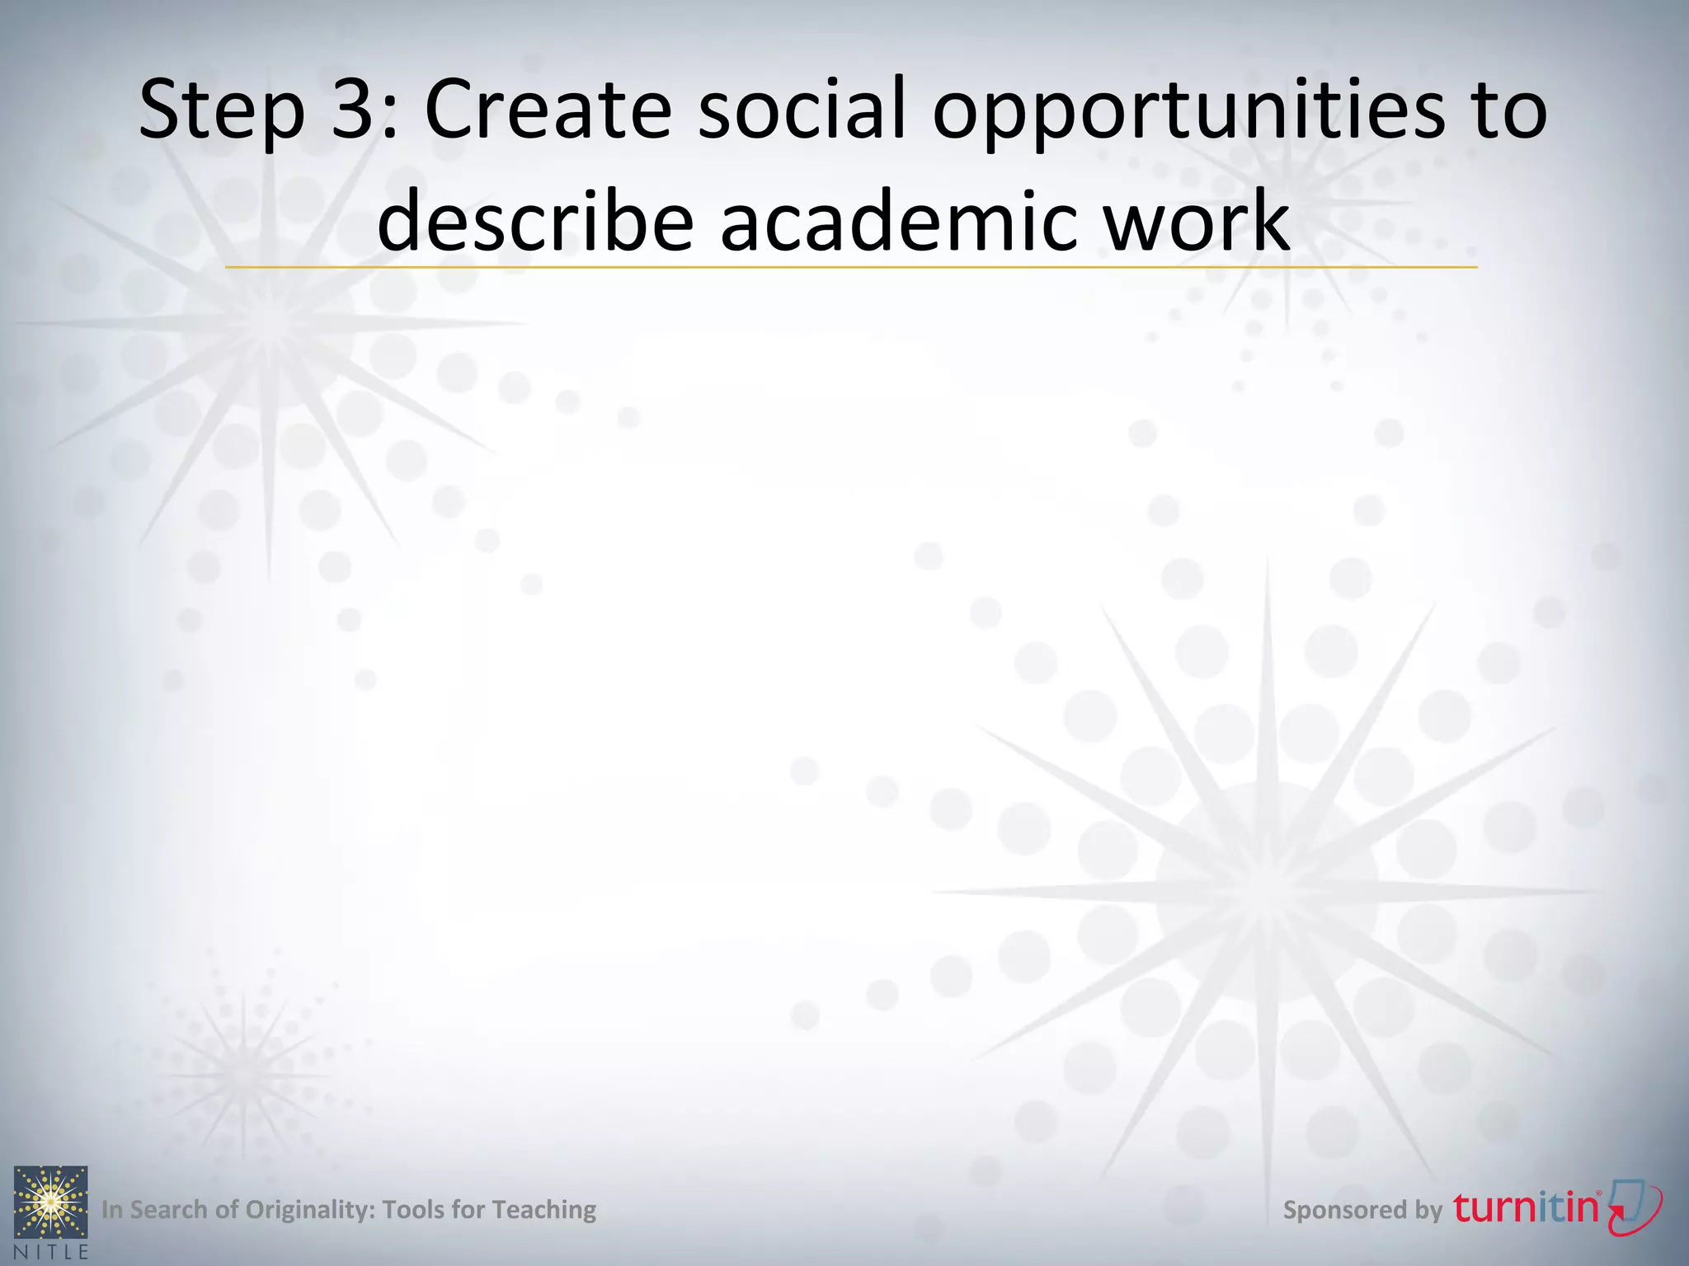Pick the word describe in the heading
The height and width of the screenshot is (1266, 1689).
[536, 221]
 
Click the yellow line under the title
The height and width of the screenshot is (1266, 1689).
[851, 267]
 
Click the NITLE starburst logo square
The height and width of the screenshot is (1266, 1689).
[51, 1202]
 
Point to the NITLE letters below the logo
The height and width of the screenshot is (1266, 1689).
[51, 1251]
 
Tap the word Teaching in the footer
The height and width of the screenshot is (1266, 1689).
[543, 1210]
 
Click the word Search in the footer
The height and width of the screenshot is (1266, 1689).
[169, 1210]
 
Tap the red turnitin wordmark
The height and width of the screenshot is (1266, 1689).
[1526, 1207]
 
